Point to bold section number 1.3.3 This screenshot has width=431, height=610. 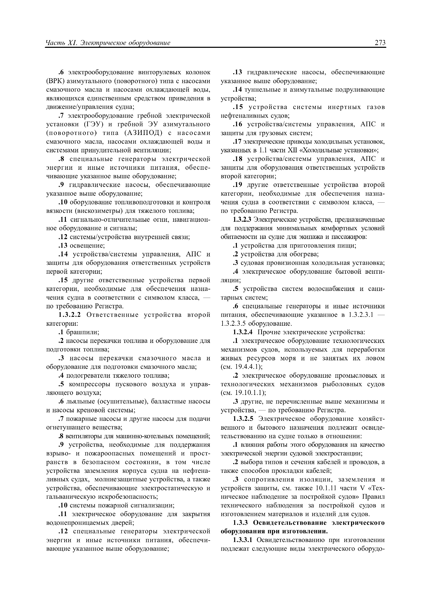pyautogui.click(x=240, y=523)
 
